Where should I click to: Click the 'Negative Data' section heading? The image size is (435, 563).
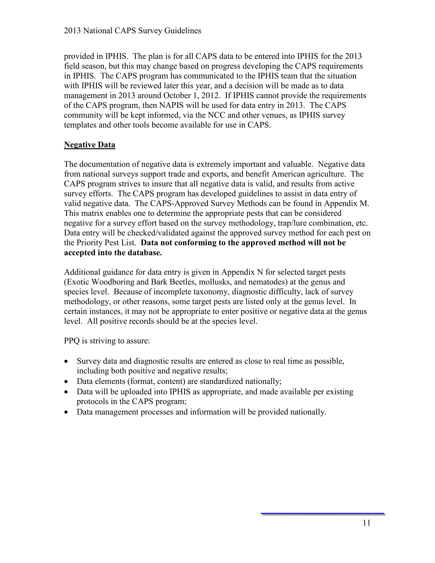tap(89, 145)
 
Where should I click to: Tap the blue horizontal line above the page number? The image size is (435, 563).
tap(323, 513)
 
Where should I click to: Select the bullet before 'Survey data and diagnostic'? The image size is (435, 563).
tap(66, 361)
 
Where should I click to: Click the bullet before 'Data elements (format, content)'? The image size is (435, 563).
tap(66, 382)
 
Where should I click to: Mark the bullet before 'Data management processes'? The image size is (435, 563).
tap(66, 412)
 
